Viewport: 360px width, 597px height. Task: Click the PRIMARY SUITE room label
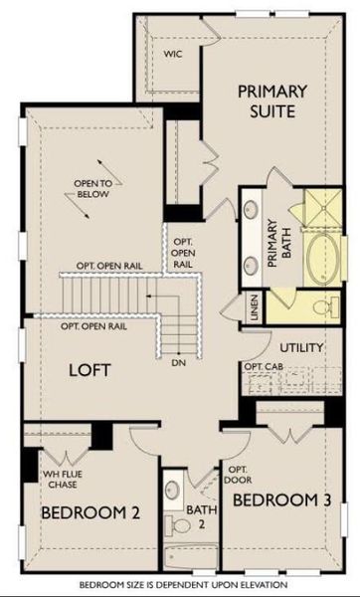tap(271, 100)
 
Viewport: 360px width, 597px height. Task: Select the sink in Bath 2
tap(173, 494)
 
